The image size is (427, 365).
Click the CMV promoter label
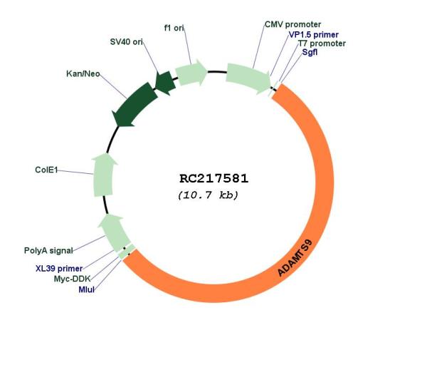[292, 24]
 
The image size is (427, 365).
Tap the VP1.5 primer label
[313, 35]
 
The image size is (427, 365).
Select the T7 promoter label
[322, 43]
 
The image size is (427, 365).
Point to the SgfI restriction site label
[310, 52]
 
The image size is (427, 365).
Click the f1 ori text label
[174, 28]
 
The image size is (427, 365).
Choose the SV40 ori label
[127, 42]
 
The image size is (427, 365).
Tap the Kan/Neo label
[83, 73]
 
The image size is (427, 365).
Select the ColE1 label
[46, 170]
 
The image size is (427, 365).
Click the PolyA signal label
[48, 251]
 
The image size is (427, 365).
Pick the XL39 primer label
[59, 269]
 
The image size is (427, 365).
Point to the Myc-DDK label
[72, 279]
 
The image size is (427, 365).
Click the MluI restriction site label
[87, 289]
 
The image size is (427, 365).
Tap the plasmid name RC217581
[213, 179]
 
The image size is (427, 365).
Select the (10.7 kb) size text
[208, 195]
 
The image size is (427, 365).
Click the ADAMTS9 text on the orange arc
[295, 258]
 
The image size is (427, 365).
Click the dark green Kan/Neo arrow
[136, 104]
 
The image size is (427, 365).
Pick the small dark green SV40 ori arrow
[165, 83]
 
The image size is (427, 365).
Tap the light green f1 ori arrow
[191, 72]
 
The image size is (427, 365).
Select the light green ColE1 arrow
[104, 175]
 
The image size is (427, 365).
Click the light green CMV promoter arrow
[248, 78]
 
